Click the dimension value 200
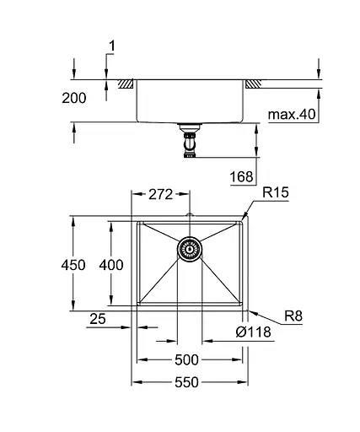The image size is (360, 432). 74,98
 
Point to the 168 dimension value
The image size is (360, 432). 241,176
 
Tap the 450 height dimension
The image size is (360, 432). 74,265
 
